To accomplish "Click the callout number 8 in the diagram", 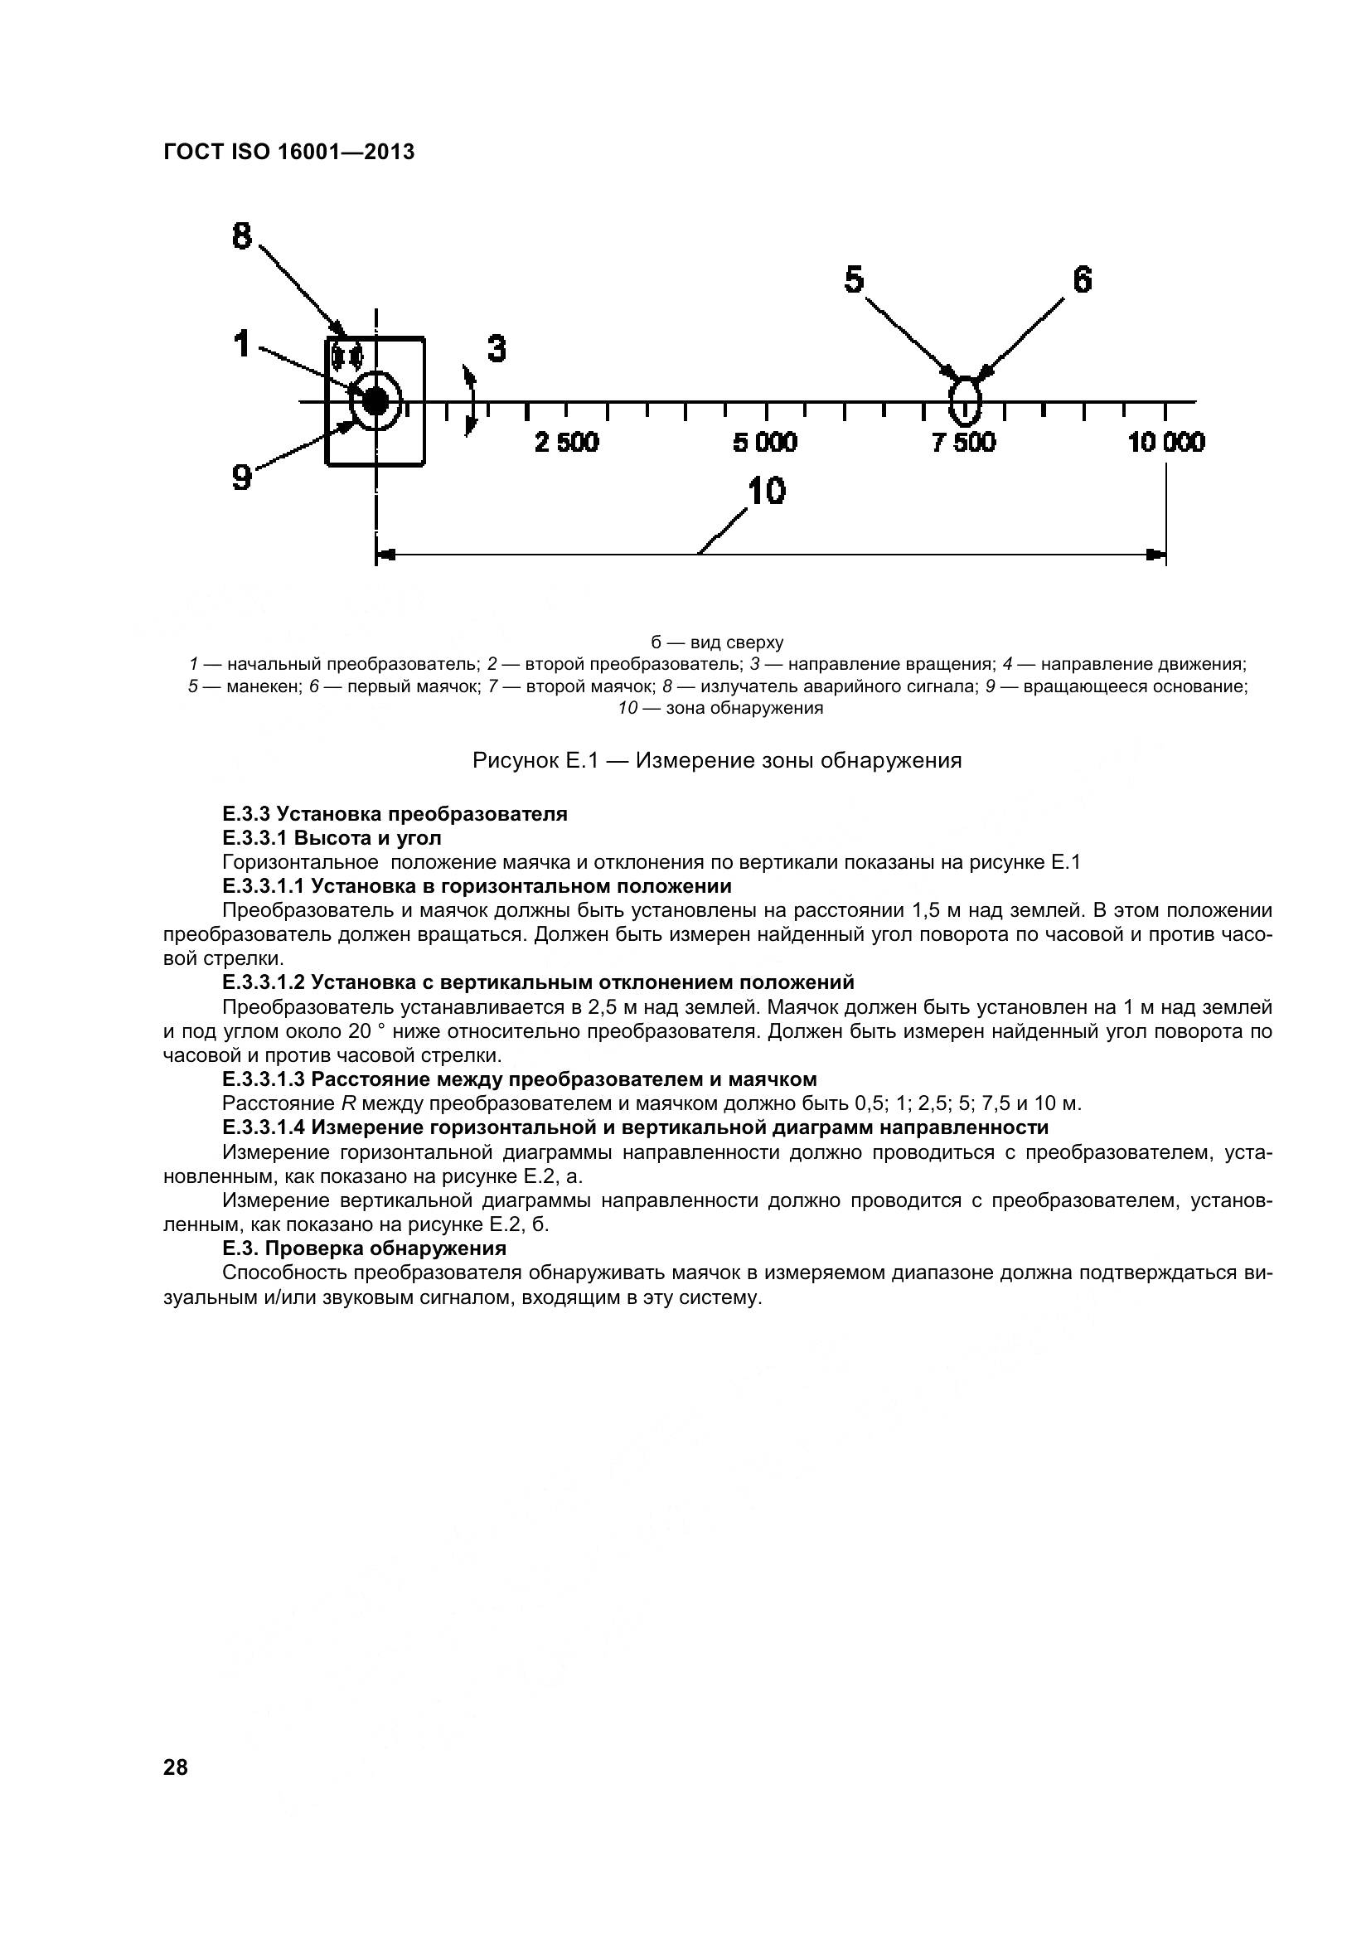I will (x=242, y=235).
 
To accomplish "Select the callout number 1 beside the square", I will (x=243, y=345).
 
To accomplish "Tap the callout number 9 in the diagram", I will (x=242, y=478).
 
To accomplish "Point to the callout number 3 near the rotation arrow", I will (x=497, y=349).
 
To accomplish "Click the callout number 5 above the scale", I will (x=855, y=279).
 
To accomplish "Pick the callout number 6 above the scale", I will (x=1083, y=279).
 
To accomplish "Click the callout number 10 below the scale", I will (x=767, y=492).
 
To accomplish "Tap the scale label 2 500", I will (x=566, y=443).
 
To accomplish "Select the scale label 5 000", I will (x=765, y=443).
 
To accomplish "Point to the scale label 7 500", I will (x=964, y=443).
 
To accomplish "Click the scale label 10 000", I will (x=1166, y=443).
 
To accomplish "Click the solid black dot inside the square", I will (x=375, y=402).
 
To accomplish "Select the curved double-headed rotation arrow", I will (x=470, y=401).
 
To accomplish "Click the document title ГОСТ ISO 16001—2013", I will (x=288, y=152).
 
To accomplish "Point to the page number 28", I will (x=176, y=1767).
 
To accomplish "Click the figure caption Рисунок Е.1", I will (x=717, y=761).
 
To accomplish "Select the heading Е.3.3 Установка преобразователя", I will (x=395, y=814).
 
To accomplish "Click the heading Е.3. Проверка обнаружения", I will (x=365, y=1248).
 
